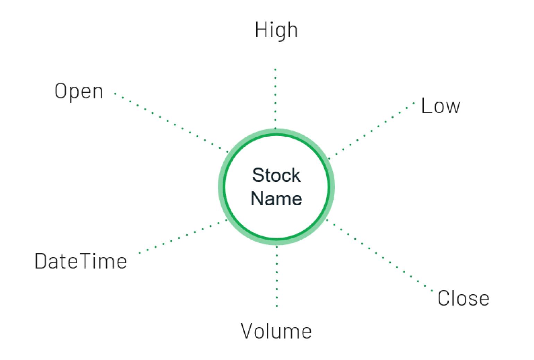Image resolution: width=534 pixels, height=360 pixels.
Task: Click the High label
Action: [x=276, y=30]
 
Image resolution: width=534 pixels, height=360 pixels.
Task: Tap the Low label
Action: [x=441, y=106]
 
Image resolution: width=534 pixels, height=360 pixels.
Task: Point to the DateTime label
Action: [x=81, y=261]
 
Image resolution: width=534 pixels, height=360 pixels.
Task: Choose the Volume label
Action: [x=276, y=331]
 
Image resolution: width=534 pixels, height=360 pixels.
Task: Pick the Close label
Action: [x=463, y=298]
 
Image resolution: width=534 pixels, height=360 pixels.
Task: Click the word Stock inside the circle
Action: [x=276, y=175]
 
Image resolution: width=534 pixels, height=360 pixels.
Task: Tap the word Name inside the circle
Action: [x=276, y=198]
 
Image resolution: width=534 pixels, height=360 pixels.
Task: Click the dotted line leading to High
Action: [x=276, y=99]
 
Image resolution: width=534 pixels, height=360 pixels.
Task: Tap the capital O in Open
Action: [x=61, y=91]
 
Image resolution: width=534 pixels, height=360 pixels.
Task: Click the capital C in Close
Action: [x=443, y=298]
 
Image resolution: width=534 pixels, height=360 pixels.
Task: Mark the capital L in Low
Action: [x=425, y=105]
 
